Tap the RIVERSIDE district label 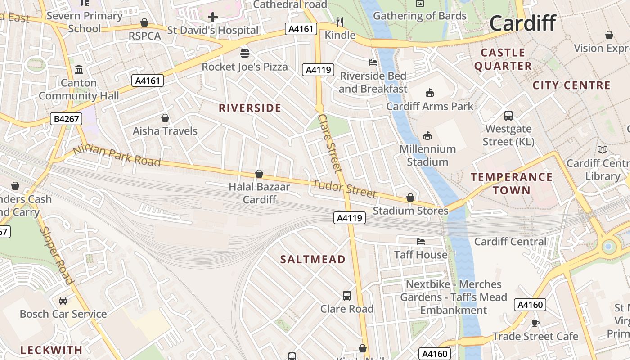[x=250, y=108]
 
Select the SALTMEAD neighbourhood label [x=313, y=259]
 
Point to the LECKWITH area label [x=51, y=350]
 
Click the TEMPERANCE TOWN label [x=512, y=184]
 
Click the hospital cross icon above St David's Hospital [x=213, y=18]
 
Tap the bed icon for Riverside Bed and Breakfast [x=373, y=62]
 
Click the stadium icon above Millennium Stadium [x=427, y=135]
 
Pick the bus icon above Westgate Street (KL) [x=508, y=116]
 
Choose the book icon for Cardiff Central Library [x=602, y=149]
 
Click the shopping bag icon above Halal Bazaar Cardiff [x=259, y=174]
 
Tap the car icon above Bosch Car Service [x=63, y=300]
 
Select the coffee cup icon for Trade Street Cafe [x=535, y=323]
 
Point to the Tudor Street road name [x=344, y=189]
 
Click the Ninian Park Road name [x=116, y=156]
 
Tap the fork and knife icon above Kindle [x=340, y=22]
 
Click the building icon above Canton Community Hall [x=79, y=70]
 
